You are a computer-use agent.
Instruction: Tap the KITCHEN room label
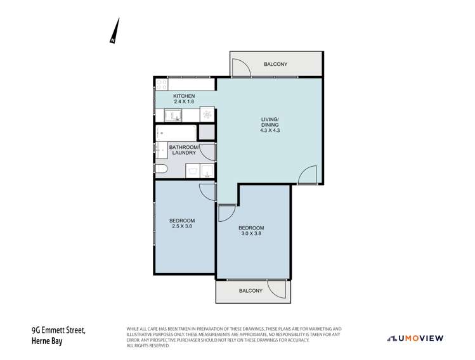click(185, 96)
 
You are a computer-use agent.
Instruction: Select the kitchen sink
click(172, 115)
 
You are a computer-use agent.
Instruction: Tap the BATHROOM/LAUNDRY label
click(184, 151)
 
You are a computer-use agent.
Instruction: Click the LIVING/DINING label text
click(270, 122)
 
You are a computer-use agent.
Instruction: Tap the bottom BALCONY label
click(251, 290)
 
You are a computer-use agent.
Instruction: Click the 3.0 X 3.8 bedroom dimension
click(251, 233)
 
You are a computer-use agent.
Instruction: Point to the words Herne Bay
click(48, 342)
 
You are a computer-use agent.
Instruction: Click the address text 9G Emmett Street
click(58, 330)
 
